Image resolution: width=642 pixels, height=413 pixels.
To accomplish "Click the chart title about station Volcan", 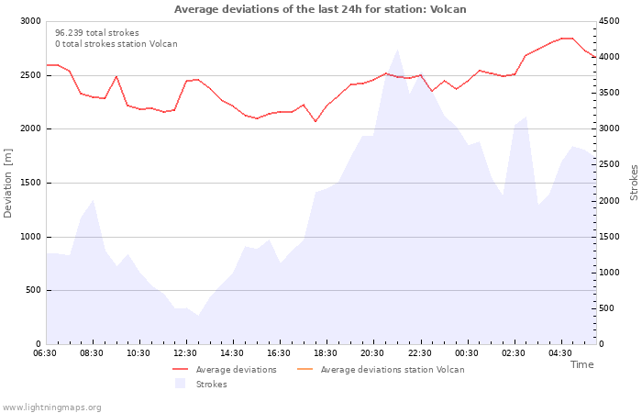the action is tap(320, 9).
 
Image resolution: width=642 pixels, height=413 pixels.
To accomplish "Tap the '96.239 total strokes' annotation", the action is tap(97, 33).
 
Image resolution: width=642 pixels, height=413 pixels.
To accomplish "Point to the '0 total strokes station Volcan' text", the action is tap(116, 44).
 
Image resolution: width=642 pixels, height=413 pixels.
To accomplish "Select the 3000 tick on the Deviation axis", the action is tap(30, 21).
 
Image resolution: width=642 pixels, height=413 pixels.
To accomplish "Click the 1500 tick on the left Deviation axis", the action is tap(30, 183).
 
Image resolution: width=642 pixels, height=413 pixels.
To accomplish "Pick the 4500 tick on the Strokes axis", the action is tap(609, 21).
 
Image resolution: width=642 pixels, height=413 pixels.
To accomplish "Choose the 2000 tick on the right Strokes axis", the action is tap(609, 201).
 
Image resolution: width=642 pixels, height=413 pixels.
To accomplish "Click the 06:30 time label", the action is tap(45, 353).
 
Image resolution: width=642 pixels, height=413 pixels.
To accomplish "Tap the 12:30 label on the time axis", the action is tap(185, 353).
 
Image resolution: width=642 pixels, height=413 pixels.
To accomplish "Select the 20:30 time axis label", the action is tap(372, 353).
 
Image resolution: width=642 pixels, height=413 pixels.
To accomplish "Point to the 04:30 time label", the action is tap(560, 353).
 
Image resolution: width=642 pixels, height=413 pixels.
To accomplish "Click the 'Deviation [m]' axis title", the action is tap(7, 184).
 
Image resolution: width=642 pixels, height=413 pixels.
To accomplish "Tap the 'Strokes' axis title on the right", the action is tap(634, 183).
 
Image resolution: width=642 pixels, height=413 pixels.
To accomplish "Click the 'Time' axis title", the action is tap(581, 364).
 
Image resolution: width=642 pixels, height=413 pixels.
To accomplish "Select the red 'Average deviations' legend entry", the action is tap(225, 370).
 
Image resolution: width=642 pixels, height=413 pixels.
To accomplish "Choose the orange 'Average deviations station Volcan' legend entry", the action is tap(381, 370).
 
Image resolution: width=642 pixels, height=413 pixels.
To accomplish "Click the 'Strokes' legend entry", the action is tap(201, 384).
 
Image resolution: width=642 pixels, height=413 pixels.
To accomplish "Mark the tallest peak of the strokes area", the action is tap(397, 50).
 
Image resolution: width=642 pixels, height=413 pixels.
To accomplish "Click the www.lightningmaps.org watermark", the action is tap(51, 407).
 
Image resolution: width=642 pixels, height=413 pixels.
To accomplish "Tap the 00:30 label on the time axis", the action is tap(466, 353).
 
